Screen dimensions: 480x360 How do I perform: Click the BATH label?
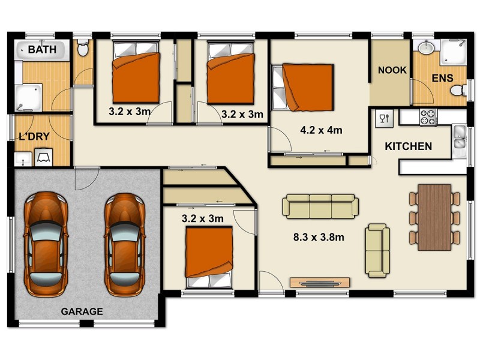pos(42,49)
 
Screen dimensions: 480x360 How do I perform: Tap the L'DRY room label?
pos(34,137)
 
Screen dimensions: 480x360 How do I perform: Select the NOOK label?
pos(392,70)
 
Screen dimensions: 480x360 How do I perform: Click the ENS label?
pos(442,78)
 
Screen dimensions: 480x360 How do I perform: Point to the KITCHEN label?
pos(409,146)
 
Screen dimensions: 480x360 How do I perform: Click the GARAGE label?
pos(82,311)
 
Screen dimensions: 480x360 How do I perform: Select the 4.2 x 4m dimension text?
pos(321,130)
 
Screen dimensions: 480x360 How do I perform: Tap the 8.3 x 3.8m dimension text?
pos(319,237)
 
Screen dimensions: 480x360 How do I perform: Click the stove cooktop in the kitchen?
pos(428,117)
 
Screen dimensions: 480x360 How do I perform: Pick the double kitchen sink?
pos(459,138)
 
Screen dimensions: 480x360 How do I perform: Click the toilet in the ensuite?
pos(458,91)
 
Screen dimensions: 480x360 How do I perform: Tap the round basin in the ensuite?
pos(426,47)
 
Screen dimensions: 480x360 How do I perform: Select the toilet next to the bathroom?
pos(83,48)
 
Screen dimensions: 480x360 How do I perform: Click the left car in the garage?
pos(46,244)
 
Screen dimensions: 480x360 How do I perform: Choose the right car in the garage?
pos(125,245)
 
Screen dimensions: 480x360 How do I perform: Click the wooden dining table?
pos(434,217)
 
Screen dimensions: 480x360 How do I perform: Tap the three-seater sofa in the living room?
pos(320,206)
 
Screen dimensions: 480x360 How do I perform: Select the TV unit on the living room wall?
pos(320,283)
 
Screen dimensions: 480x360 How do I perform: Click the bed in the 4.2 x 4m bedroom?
pos(302,87)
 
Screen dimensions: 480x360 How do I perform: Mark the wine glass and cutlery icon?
pos(384,118)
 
